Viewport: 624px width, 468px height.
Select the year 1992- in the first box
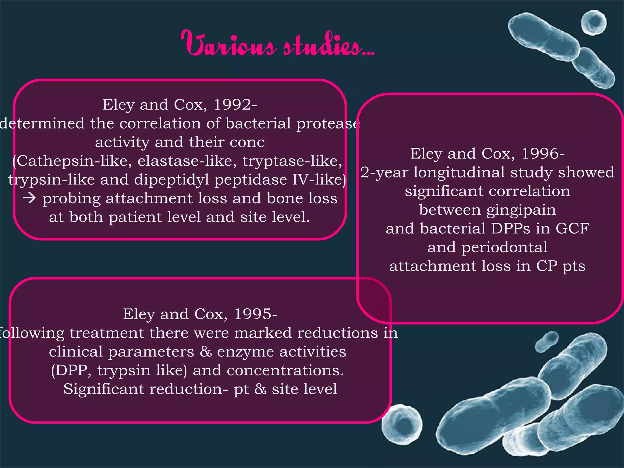click(236, 105)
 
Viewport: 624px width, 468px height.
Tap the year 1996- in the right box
click(543, 153)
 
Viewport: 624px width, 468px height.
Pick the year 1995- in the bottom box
click(256, 314)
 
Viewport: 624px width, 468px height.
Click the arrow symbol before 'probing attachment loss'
click(30, 198)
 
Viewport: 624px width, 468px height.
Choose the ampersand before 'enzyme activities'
click(206, 352)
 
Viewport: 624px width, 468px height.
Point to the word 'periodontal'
click(504, 247)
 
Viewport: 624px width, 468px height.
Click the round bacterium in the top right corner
click(593, 23)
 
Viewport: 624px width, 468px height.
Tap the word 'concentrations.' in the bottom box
click(285, 370)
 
